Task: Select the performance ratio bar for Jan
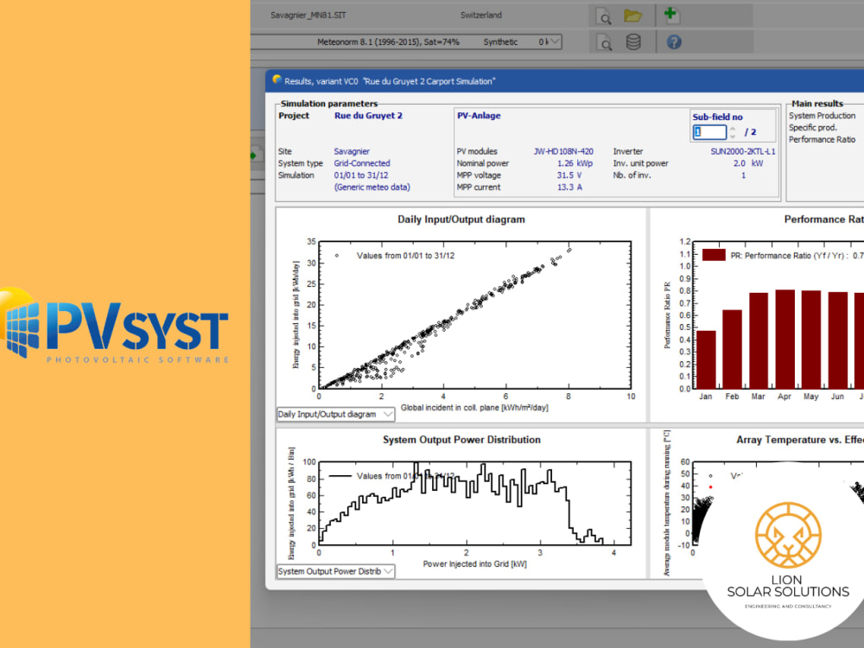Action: coord(706,359)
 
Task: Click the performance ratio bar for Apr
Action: coord(785,339)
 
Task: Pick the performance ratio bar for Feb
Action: coord(732,349)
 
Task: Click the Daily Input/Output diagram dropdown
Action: coord(335,414)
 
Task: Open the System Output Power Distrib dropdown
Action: coord(335,571)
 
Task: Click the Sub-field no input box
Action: coord(709,132)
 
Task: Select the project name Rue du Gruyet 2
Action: coord(368,115)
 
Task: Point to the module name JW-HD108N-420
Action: coord(563,151)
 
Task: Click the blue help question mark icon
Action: coord(674,41)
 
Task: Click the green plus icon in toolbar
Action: coord(670,15)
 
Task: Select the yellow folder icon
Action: coord(633,16)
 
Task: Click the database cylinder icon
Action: coord(633,41)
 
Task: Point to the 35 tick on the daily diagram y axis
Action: coord(311,243)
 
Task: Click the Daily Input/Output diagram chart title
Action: coord(461,219)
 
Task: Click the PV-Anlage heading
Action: coord(479,115)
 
